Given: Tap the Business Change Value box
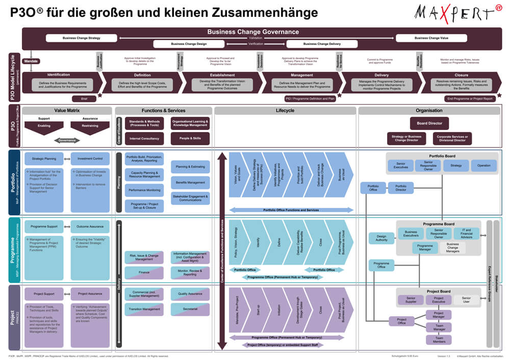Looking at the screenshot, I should pyautogui.click(x=431, y=38).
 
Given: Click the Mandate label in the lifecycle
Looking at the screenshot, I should pyautogui.click(x=31, y=61).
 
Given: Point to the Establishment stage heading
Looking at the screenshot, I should pyautogui.click(x=222, y=75).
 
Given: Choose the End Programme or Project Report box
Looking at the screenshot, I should pyautogui.click(x=470, y=98).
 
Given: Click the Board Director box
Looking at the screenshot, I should pyautogui.click(x=429, y=123).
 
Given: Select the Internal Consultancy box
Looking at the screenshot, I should pyautogui.click(x=144, y=138).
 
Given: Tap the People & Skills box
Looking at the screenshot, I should pyautogui.click(x=190, y=138).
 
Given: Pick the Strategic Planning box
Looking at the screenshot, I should pyautogui.click(x=44, y=159).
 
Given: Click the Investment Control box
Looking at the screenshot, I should pyautogui.click(x=90, y=159).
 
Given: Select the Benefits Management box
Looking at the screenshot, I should pyautogui.click(x=190, y=182).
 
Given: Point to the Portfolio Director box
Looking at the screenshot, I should pyautogui.click(x=401, y=188).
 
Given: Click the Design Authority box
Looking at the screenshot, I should pyautogui.click(x=381, y=238).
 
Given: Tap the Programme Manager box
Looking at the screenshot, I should pyautogui.click(x=425, y=247).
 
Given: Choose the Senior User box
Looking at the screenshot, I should pyautogui.click(x=466, y=300).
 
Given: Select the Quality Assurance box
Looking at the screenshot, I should pyautogui.click(x=190, y=293).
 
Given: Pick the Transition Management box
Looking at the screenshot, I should pyautogui.click(x=144, y=309).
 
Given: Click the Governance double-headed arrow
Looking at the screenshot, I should pyautogui.click(x=67, y=140).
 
